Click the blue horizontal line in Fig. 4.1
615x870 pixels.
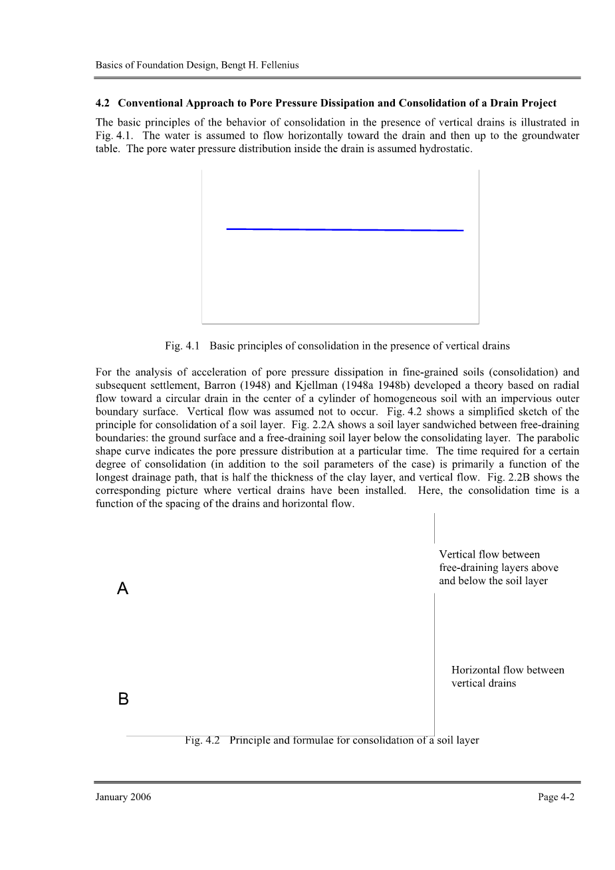[x=344, y=229]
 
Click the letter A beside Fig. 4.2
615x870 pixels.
[x=122, y=589]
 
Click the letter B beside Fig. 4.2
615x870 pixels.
[x=123, y=699]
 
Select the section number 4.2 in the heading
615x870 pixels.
[x=102, y=103]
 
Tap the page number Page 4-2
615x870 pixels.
[x=556, y=797]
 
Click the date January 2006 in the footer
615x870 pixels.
[x=123, y=797]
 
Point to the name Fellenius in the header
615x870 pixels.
[x=277, y=65]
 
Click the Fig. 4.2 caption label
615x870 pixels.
[x=203, y=740]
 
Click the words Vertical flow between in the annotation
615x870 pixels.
[x=489, y=554]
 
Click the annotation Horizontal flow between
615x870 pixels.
[x=507, y=670]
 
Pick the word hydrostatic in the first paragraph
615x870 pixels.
[x=445, y=149]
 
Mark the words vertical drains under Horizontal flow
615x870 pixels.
[x=483, y=683]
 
